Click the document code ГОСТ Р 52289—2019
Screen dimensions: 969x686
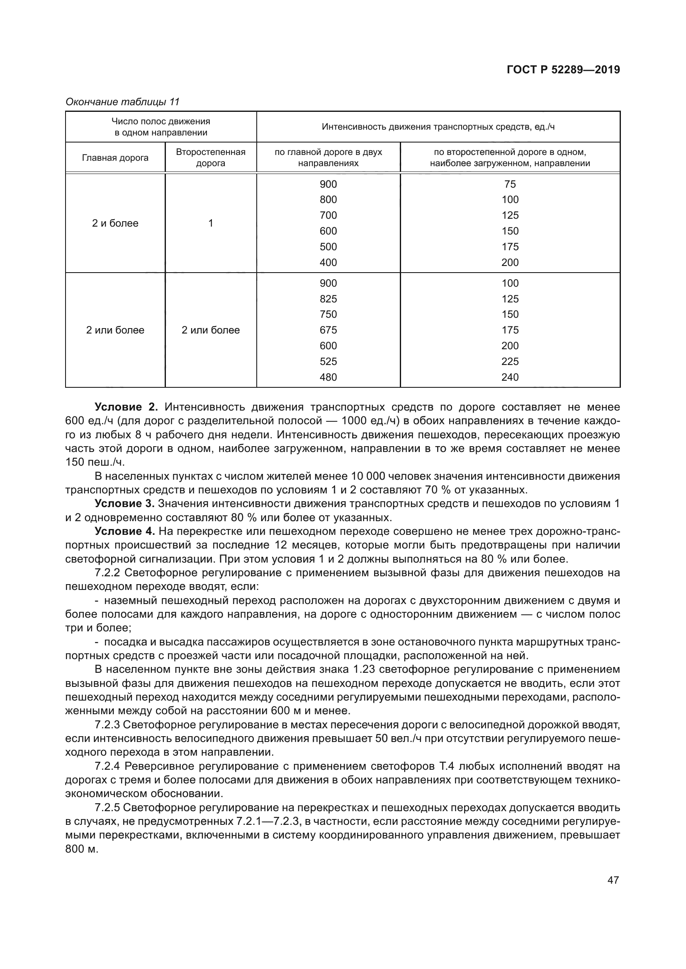coord(563,70)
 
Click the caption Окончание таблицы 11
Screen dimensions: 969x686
coord(122,102)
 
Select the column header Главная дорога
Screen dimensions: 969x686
coord(115,158)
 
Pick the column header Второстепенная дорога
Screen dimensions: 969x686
coord(210,157)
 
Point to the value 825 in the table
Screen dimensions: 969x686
coord(328,299)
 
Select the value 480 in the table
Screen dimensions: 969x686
coord(328,377)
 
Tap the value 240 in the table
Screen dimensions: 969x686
coord(510,377)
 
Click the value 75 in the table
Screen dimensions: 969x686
coord(510,184)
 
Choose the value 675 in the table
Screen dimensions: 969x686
coord(328,330)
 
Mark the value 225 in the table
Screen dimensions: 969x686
coord(510,361)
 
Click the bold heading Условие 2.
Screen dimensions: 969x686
coord(126,407)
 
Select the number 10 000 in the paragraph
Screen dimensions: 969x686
coord(367,476)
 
